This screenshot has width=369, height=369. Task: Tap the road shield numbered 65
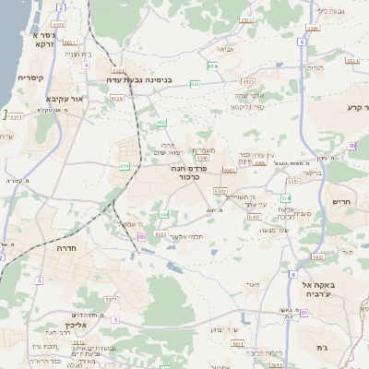[x=143, y=237]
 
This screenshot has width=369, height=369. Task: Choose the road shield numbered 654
[x=213, y=66]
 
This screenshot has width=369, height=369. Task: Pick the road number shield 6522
[x=117, y=71]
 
